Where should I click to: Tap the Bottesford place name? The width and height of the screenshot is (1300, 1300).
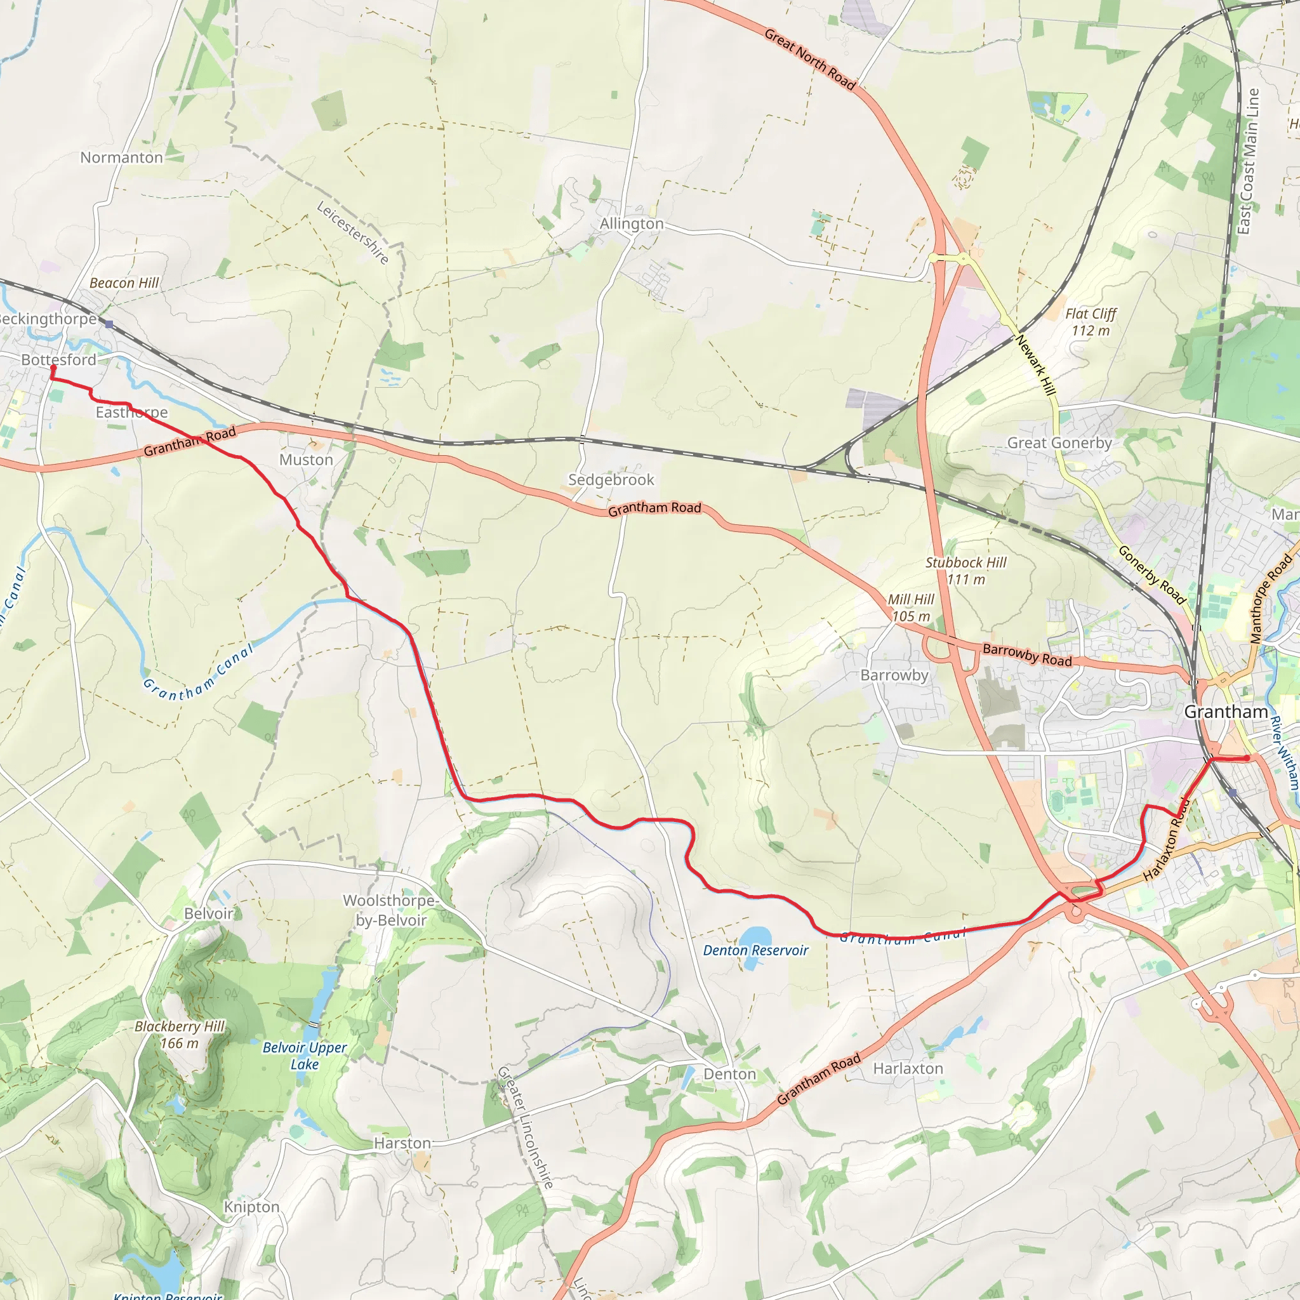coord(58,359)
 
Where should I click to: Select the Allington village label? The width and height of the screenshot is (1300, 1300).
coord(631,223)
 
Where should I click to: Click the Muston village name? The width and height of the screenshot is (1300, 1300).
coord(306,460)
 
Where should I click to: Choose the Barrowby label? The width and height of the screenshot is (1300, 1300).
coord(894,675)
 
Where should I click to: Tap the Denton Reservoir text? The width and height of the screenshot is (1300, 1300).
coord(755,950)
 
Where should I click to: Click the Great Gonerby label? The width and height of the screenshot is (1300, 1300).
coord(1059,443)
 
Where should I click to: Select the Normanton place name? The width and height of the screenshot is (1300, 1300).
coord(122,157)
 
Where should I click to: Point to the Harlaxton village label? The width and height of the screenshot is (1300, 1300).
coord(908,1068)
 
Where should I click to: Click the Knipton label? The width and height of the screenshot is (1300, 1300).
coord(251,1207)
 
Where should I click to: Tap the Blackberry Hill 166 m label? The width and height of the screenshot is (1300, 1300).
coord(180,1034)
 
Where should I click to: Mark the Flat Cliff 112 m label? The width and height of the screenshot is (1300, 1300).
coord(1090,322)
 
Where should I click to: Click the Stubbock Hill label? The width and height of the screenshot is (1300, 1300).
coord(965,562)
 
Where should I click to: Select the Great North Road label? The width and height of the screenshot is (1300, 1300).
coord(809,59)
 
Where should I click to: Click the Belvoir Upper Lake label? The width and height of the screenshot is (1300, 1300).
coord(305,1055)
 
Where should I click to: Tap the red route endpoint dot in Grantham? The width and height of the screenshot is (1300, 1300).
coord(1247,759)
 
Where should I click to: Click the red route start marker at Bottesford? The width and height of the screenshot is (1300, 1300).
coord(53,368)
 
